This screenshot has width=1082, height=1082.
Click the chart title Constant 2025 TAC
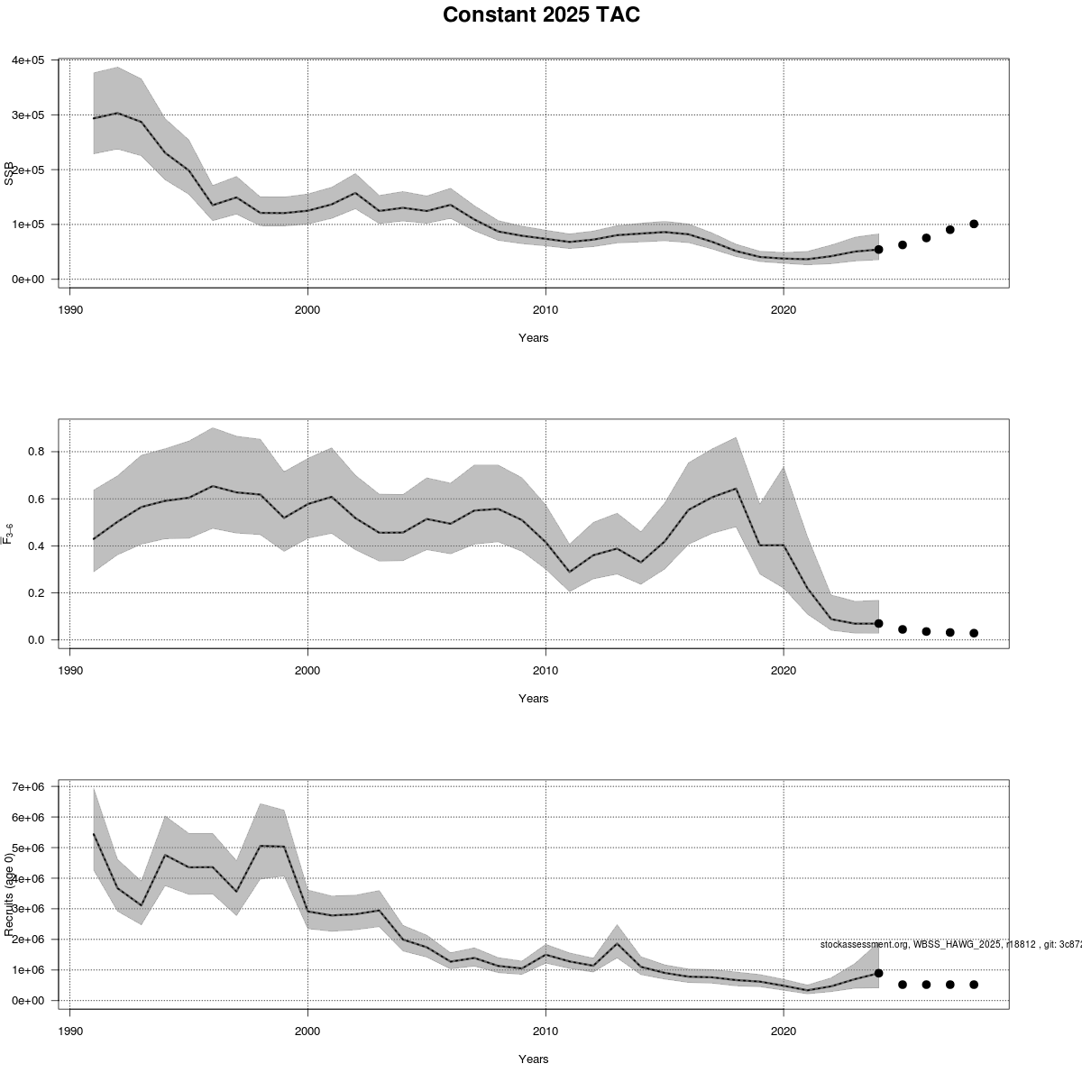coord(541,15)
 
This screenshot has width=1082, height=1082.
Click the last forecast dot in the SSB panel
coord(974,224)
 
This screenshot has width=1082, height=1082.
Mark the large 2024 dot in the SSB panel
coord(878,249)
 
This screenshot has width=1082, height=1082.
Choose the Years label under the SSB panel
coord(533,338)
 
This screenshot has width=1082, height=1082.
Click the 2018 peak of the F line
coord(737,489)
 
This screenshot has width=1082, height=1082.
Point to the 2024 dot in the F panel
coord(878,623)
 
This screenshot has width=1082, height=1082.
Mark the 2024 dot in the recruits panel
coord(878,973)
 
